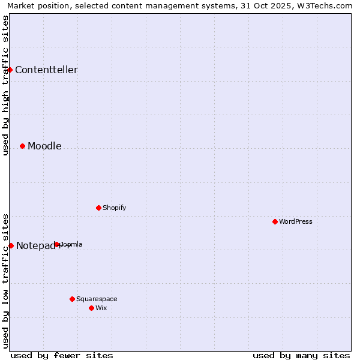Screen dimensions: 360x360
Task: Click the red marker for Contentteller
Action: click(10, 70)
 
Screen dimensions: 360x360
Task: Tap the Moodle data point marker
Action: click(22, 146)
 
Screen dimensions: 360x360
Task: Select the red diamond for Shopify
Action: click(98, 208)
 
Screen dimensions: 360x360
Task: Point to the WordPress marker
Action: click(275, 221)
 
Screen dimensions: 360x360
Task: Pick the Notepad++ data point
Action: click(11, 245)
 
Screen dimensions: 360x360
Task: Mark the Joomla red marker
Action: click(56, 244)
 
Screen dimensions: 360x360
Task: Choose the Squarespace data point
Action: click(72, 299)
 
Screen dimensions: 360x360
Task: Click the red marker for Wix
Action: click(91, 308)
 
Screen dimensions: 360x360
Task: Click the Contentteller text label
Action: click(46, 70)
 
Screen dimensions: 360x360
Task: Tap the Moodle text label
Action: click(44, 146)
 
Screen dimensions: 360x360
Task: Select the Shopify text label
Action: click(114, 208)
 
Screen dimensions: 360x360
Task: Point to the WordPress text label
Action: click(296, 221)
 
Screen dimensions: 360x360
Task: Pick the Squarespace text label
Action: click(97, 299)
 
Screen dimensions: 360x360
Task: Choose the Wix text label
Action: click(101, 308)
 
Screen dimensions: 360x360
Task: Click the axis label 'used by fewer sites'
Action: click(62, 355)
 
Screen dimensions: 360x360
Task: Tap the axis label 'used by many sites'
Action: click(301, 355)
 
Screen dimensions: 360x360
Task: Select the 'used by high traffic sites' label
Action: click(5, 85)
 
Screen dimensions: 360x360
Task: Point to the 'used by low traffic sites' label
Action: click(5, 280)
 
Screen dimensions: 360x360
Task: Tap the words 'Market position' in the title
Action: click(35, 5)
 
